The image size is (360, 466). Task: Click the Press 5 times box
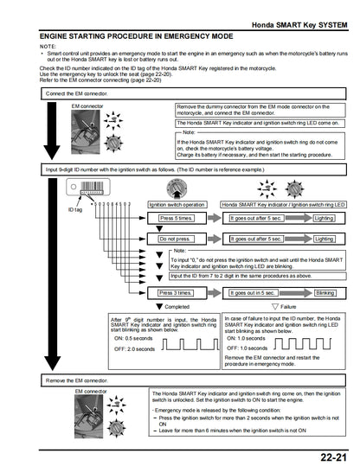click(177, 220)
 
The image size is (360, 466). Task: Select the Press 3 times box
click(177, 293)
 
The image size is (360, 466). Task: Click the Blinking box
click(325, 293)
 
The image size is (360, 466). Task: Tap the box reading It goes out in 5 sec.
click(253, 293)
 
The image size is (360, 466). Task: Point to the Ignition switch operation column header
click(177, 205)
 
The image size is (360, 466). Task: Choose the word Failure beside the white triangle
click(290, 307)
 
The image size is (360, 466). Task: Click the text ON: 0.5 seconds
click(134, 338)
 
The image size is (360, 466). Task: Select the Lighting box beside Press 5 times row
click(325, 220)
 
